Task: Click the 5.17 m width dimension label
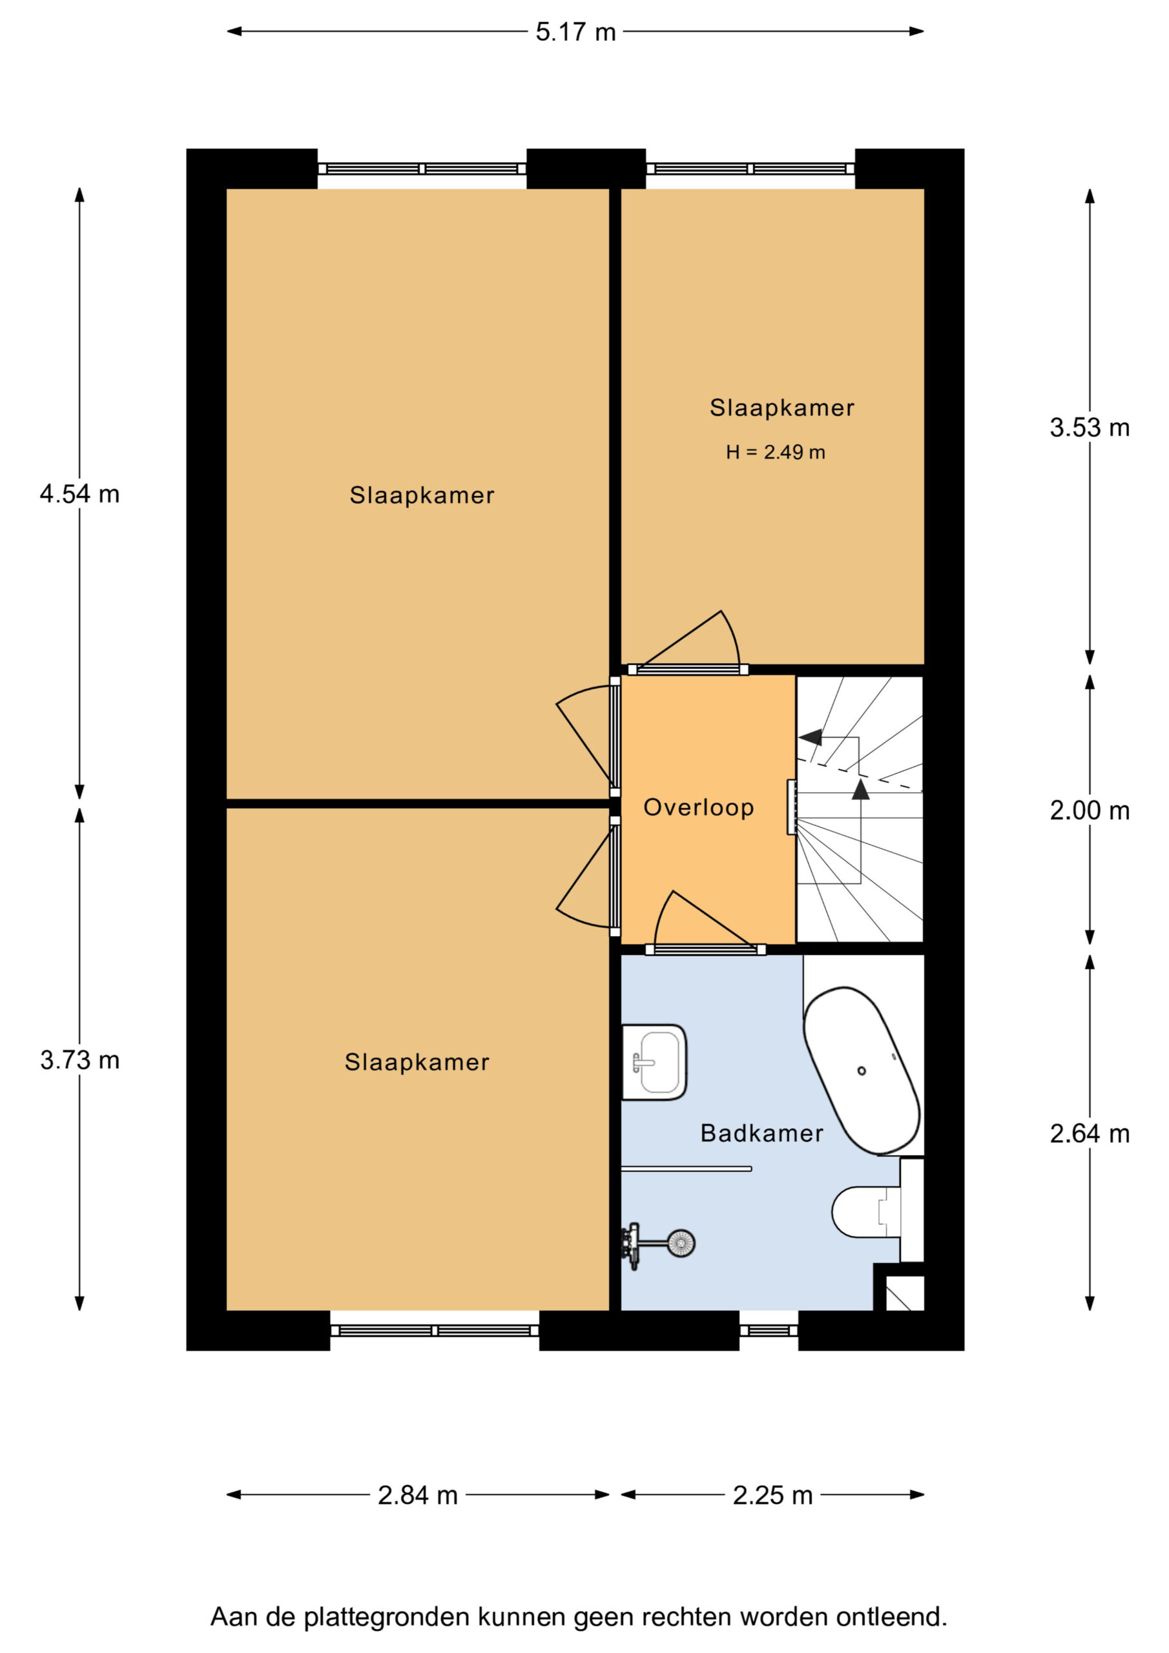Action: pyautogui.click(x=575, y=32)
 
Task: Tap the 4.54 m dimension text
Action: pyautogui.click(x=80, y=495)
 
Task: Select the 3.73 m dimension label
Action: pyautogui.click(x=80, y=1060)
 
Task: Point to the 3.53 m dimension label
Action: pyautogui.click(x=1089, y=428)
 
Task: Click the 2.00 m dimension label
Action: pyautogui.click(x=1089, y=812)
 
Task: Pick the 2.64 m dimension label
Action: pyautogui.click(x=1089, y=1134)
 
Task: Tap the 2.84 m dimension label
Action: pyautogui.click(x=418, y=1495)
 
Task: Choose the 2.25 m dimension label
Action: pyautogui.click(x=773, y=1495)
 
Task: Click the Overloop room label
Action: pyautogui.click(x=699, y=808)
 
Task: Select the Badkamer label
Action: pyautogui.click(x=762, y=1133)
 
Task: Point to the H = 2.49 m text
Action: pyautogui.click(x=776, y=452)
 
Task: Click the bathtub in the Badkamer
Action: pyautogui.click(x=862, y=1071)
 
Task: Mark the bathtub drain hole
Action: pyautogui.click(x=862, y=1071)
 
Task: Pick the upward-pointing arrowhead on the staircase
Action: pyautogui.click(x=860, y=790)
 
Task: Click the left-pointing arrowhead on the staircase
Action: pyautogui.click(x=811, y=737)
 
